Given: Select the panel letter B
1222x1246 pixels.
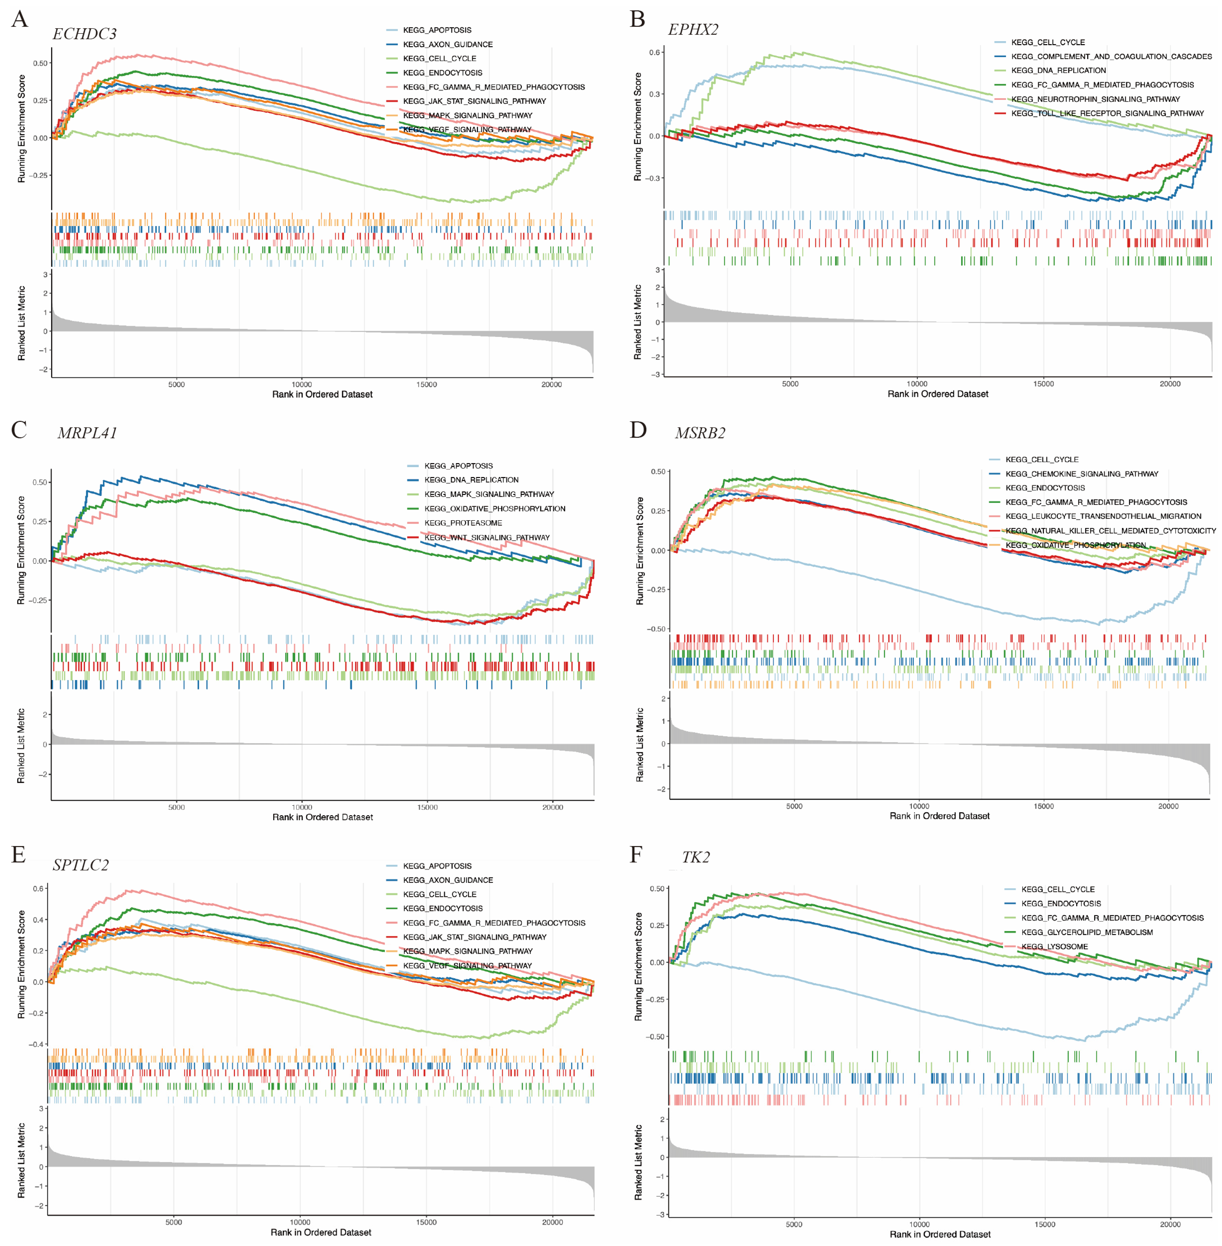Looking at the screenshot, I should coord(637,19).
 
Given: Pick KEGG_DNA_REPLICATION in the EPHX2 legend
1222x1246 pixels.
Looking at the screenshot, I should coord(1058,71).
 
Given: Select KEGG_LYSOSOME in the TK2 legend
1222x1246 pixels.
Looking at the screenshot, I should coord(1054,946).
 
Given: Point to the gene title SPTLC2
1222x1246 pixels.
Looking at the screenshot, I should coord(81,865).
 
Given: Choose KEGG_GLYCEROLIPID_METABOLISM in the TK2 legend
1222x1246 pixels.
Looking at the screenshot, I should coord(1087,932).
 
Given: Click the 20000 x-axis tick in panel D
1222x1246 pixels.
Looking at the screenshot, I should coord(1168,806).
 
